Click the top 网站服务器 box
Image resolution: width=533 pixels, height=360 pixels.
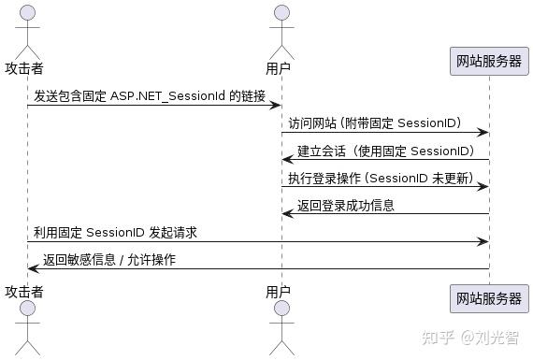click(x=488, y=62)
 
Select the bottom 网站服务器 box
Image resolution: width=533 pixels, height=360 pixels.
click(x=488, y=299)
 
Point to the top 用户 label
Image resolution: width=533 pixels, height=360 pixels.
click(x=278, y=68)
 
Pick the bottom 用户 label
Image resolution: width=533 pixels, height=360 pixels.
click(x=278, y=292)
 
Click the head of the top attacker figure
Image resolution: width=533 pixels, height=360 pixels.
click(x=27, y=13)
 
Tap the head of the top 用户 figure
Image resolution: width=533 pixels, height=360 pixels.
click(x=278, y=13)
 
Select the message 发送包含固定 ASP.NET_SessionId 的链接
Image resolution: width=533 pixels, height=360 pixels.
click(x=150, y=95)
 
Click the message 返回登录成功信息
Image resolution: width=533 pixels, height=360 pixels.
click(x=346, y=205)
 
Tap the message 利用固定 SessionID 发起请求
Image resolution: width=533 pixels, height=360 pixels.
click(x=115, y=232)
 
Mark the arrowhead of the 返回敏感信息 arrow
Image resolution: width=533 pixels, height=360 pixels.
click(x=32, y=268)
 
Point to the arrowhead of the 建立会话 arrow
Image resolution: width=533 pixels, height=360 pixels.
click(x=287, y=159)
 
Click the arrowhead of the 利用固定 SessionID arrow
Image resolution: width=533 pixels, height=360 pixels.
click(x=483, y=241)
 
